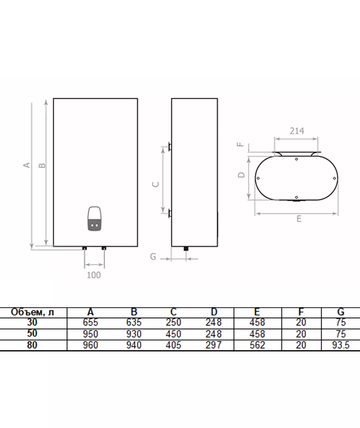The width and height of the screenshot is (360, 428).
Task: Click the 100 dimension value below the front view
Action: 94,275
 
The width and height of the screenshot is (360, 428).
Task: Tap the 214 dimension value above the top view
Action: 297,131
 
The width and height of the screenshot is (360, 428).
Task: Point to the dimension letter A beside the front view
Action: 27,165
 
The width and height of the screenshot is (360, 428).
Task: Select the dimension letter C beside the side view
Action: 156,184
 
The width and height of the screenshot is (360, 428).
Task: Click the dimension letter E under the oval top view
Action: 299,219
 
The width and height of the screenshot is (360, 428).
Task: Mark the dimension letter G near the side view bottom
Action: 153,256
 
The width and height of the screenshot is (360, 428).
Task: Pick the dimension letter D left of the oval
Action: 241,175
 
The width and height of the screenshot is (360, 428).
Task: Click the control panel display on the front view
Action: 94,219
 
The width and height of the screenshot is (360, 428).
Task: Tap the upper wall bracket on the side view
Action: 170,147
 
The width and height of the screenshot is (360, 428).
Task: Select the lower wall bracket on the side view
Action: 170,213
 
